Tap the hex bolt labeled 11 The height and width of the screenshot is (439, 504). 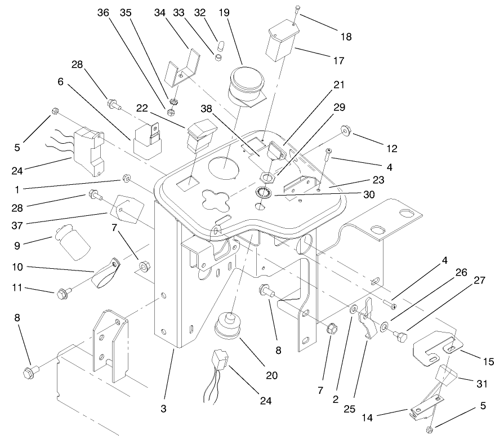61,293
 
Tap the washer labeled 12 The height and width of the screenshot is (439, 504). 344,133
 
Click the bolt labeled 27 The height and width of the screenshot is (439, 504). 402,337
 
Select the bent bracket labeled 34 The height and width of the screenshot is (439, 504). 182,68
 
